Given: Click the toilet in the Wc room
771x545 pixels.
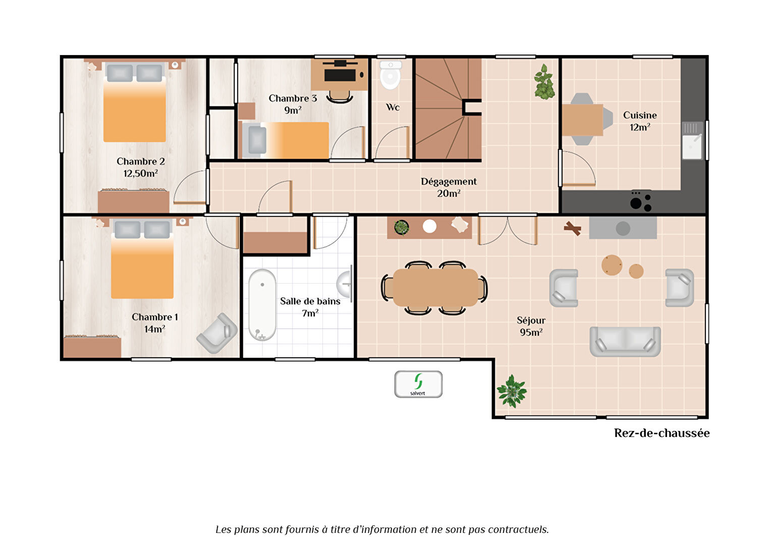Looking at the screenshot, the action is click(391, 75).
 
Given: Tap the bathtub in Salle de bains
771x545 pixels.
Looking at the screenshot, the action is click(262, 305).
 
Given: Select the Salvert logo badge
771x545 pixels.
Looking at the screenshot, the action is click(418, 384).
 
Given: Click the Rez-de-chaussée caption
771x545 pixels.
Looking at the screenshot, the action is click(662, 433).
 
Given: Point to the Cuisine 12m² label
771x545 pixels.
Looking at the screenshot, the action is click(640, 121).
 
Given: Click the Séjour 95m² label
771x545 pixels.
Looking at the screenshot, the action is click(531, 326).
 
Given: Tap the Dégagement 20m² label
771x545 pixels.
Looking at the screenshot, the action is click(449, 187).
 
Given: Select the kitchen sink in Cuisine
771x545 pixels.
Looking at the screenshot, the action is click(692, 141).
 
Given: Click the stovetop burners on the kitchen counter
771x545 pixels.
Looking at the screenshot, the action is click(640, 201).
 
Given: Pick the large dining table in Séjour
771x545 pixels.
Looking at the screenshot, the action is click(435, 288).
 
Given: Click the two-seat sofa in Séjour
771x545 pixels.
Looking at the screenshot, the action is click(625, 342).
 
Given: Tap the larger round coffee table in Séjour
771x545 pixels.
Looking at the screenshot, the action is click(612, 265).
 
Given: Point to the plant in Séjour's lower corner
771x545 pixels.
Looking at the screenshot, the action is click(512, 391).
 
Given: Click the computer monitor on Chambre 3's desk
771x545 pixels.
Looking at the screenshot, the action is click(340, 75).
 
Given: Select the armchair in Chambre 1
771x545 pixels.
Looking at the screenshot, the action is click(217, 333).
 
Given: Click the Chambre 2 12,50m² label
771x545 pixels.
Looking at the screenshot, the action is click(141, 168).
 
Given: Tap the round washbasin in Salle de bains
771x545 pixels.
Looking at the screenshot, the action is click(344, 284).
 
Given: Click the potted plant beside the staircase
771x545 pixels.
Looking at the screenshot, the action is click(544, 82).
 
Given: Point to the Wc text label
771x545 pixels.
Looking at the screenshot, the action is click(393, 107).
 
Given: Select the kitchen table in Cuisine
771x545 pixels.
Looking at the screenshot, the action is click(582, 120).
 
